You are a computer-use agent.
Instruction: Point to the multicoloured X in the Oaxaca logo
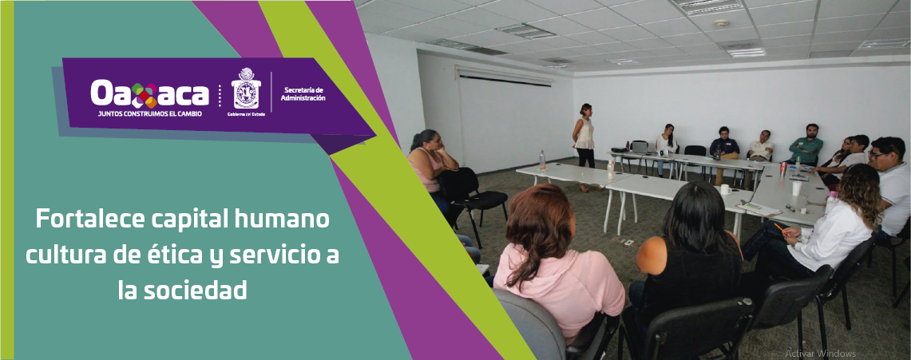pos(145,94)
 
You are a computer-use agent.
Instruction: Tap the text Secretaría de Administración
pos(303,93)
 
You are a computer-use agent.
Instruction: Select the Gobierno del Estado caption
pos(245,114)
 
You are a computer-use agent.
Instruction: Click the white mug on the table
pos(725,190)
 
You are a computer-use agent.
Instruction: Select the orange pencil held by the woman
pos(779,227)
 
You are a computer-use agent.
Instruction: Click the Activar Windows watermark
pos(820,353)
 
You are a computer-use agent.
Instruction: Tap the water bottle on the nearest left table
pos(542,160)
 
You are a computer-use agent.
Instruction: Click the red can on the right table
pos(784,169)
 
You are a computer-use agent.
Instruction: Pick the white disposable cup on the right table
pos(796,188)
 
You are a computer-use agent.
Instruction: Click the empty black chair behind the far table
pos(694,152)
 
